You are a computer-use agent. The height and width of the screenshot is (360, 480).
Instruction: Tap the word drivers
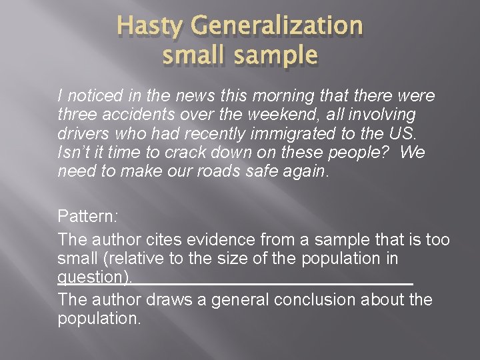coord(80,133)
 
